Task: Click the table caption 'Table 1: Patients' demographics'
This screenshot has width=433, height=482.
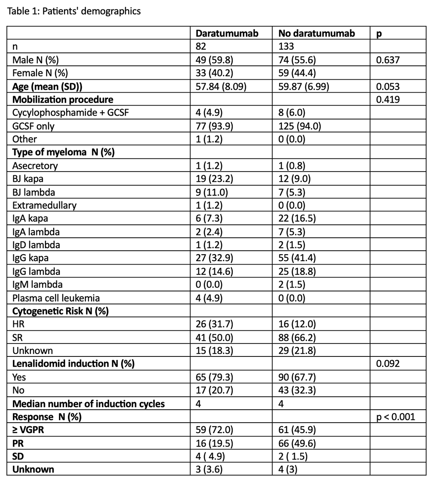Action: [74, 12]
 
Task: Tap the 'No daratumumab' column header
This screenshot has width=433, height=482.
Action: [310, 34]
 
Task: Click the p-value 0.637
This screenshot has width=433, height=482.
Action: [388, 59]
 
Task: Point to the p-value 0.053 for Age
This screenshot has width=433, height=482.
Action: [388, 86]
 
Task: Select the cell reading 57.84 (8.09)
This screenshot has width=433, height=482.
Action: [221, 86]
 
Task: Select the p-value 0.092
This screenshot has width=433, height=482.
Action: [388, 364]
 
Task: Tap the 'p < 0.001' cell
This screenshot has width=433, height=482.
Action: [396, 417]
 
